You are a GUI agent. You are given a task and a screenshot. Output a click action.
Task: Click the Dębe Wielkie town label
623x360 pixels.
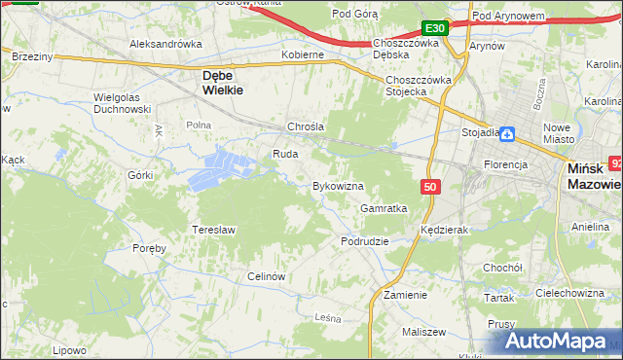point(222,81)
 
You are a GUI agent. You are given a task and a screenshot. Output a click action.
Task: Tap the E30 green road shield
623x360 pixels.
point(435,28)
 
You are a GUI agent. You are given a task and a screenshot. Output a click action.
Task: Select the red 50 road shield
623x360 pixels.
point(430,186)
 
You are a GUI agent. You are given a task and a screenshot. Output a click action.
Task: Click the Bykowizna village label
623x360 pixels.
point(337,185)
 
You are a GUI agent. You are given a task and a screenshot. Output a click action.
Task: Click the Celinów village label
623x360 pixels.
point(265,276)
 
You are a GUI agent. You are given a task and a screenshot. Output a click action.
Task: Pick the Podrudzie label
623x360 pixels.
point(364,240)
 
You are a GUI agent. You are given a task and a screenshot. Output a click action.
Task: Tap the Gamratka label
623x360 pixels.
point(383,208)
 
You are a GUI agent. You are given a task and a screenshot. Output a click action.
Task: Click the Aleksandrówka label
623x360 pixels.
point(165,44)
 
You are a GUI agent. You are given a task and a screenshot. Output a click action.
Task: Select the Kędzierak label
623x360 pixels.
point(446,230)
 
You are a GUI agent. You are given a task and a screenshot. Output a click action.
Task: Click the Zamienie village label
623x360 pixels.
point(405,294)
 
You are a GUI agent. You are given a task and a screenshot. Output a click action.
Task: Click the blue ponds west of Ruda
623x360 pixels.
point(220,168)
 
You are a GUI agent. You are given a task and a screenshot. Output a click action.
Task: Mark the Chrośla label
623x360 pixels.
point(305,126)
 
